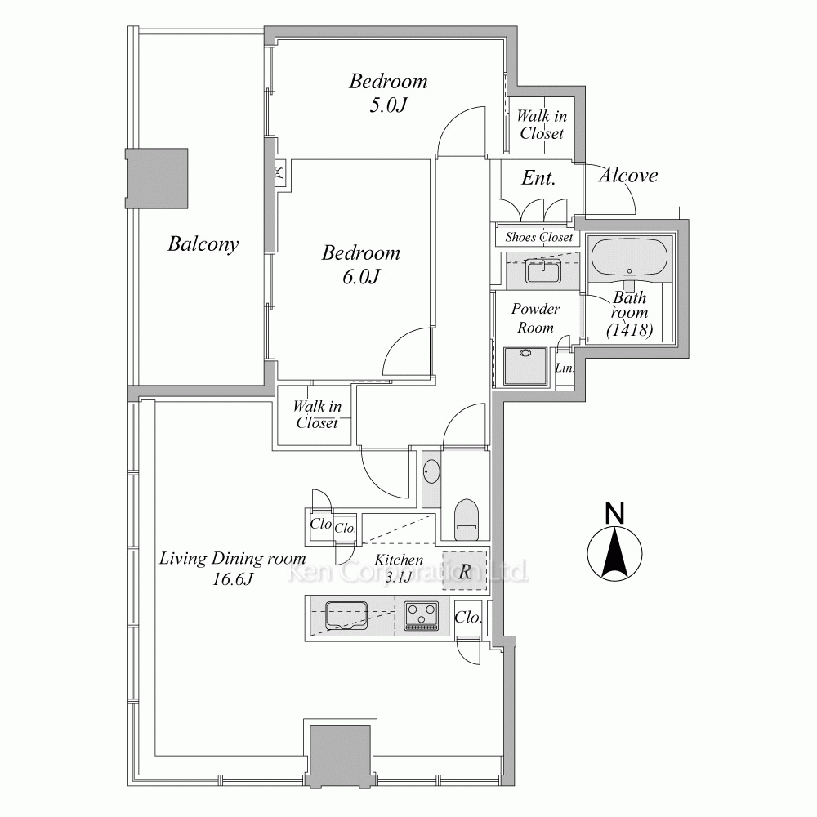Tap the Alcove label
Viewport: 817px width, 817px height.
pos(627,175)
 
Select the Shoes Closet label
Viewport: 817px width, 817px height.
pos(538,237)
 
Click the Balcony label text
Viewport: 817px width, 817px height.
pos(203,243)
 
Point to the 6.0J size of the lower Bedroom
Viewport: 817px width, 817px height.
pos(361,276)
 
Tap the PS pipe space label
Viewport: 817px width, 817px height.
pos(279,173)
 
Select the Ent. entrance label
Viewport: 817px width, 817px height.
pos(538,178)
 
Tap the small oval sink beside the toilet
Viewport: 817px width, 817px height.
pos(431,472)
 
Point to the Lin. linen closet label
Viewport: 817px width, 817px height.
pos(565,368)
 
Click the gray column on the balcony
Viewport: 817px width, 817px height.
pos(156,179)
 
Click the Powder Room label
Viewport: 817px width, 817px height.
pos(535,318)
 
